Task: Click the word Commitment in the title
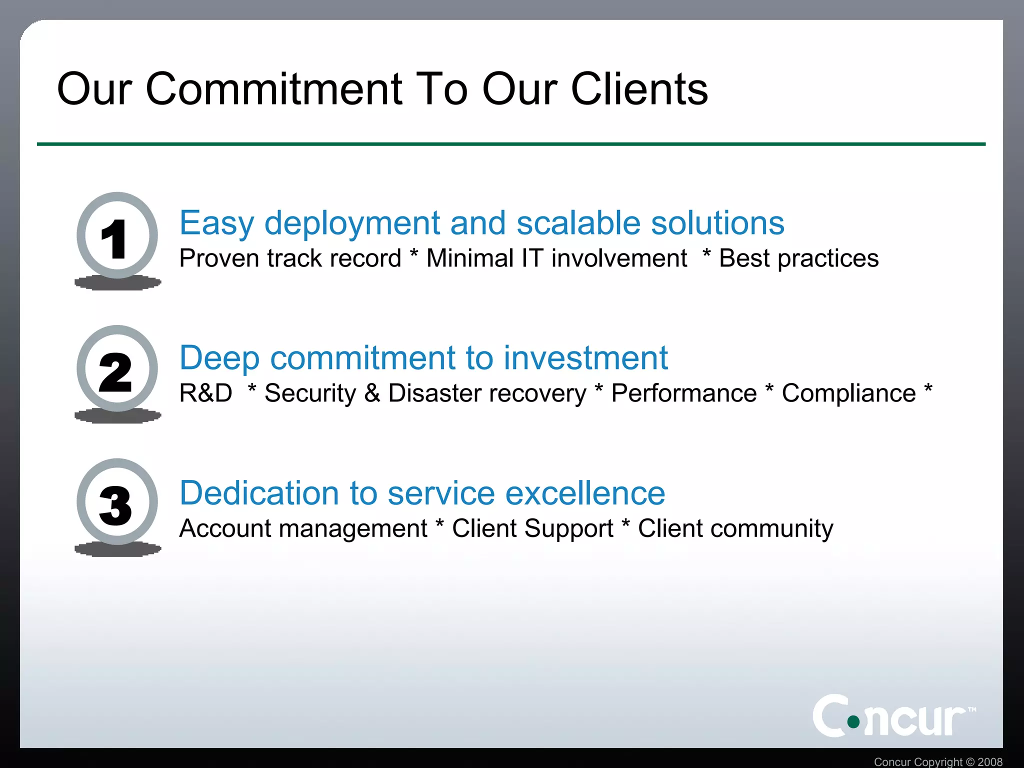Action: coord(273,89)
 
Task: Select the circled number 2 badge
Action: coord(117,369)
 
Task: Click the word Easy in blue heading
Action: coord(216,223)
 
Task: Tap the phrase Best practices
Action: coord(798,258)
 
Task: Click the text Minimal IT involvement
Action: coord(556,258)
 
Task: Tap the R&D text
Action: coord(205,393)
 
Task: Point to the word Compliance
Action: coord(848,393)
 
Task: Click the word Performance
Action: coord(683,393)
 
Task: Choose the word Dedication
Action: coord(258,493)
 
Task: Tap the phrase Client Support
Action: coord(532,528)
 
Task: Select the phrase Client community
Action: coord(735,528)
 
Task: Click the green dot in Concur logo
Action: coord(853,721)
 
